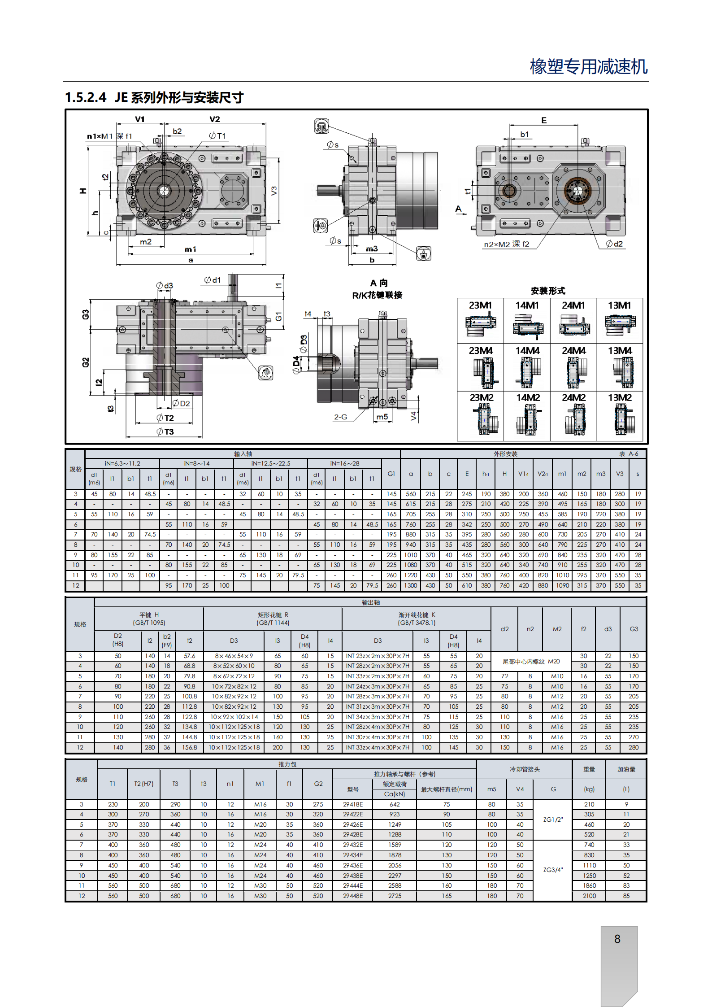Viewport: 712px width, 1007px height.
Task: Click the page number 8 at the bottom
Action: pyautogui.click(x=617, y=939)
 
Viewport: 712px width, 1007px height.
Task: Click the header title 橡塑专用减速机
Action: pyautogui.click(x=589, y=66)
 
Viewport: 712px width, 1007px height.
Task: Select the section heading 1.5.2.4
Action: pyautogui.click(x=86, y=97)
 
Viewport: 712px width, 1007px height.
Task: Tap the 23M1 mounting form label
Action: pyautogui.click(x=480, y=305)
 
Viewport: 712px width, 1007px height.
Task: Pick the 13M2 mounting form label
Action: pyautogui.click(x=620, y=397)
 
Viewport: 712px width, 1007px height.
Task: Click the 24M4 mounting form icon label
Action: pyautogui.click(x=573, y=350)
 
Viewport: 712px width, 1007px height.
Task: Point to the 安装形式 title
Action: pyautogui.click(x=548, y=291)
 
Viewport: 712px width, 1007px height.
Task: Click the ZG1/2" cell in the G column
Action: pyautogui.click(x=553, y=820)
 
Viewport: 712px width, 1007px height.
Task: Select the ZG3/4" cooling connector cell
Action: pyautogui.click(x=553, y=870)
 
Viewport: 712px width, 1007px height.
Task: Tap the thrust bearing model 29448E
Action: pyautogui.click(x=353, y=896)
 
